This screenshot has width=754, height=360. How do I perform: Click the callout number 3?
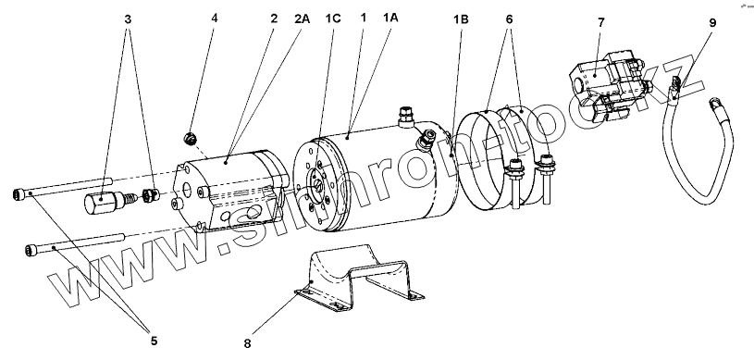(128, 19)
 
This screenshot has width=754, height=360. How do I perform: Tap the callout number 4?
(215, 18)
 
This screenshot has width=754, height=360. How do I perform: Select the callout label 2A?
(302, 19)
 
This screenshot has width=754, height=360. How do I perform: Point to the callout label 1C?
(333, 19)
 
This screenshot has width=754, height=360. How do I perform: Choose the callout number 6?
(509, 19)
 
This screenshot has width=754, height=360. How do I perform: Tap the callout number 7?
(601, 22)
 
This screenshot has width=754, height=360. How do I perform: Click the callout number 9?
(712, 22)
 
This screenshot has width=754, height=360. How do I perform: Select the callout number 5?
(154, 341)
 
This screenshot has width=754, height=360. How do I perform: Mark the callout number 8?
(247, 343)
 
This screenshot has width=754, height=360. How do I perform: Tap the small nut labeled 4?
(191, 138)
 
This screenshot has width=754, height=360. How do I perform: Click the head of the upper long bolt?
(18, 194)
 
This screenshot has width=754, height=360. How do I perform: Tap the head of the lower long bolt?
(31, 251)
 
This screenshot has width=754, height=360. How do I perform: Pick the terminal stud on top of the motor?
(406, 116)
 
